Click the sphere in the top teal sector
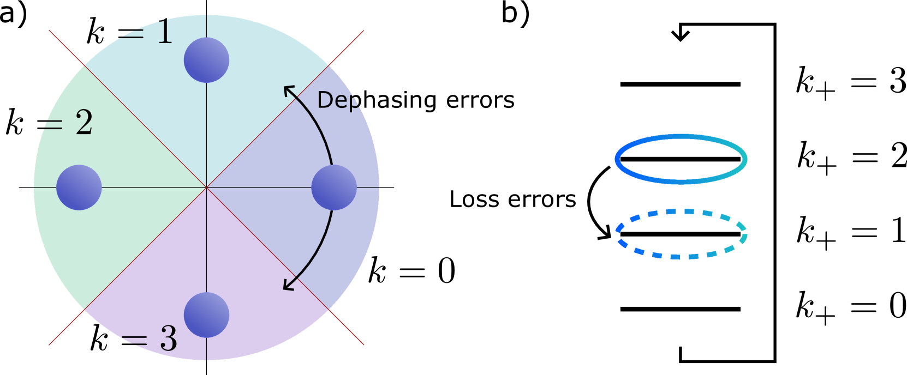[206, 60]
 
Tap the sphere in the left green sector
[79, 187]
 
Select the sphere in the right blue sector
[334, 187]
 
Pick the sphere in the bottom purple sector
[206, 315]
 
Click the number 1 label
[164, 33]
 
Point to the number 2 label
[84, 123]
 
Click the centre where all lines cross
[206, 187]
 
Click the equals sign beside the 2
[53, 125]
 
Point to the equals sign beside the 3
[135, 341]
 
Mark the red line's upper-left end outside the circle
[50, 31]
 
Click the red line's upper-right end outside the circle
[363, 32]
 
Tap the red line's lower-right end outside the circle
[363, 343]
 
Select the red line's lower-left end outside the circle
[50, 343]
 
